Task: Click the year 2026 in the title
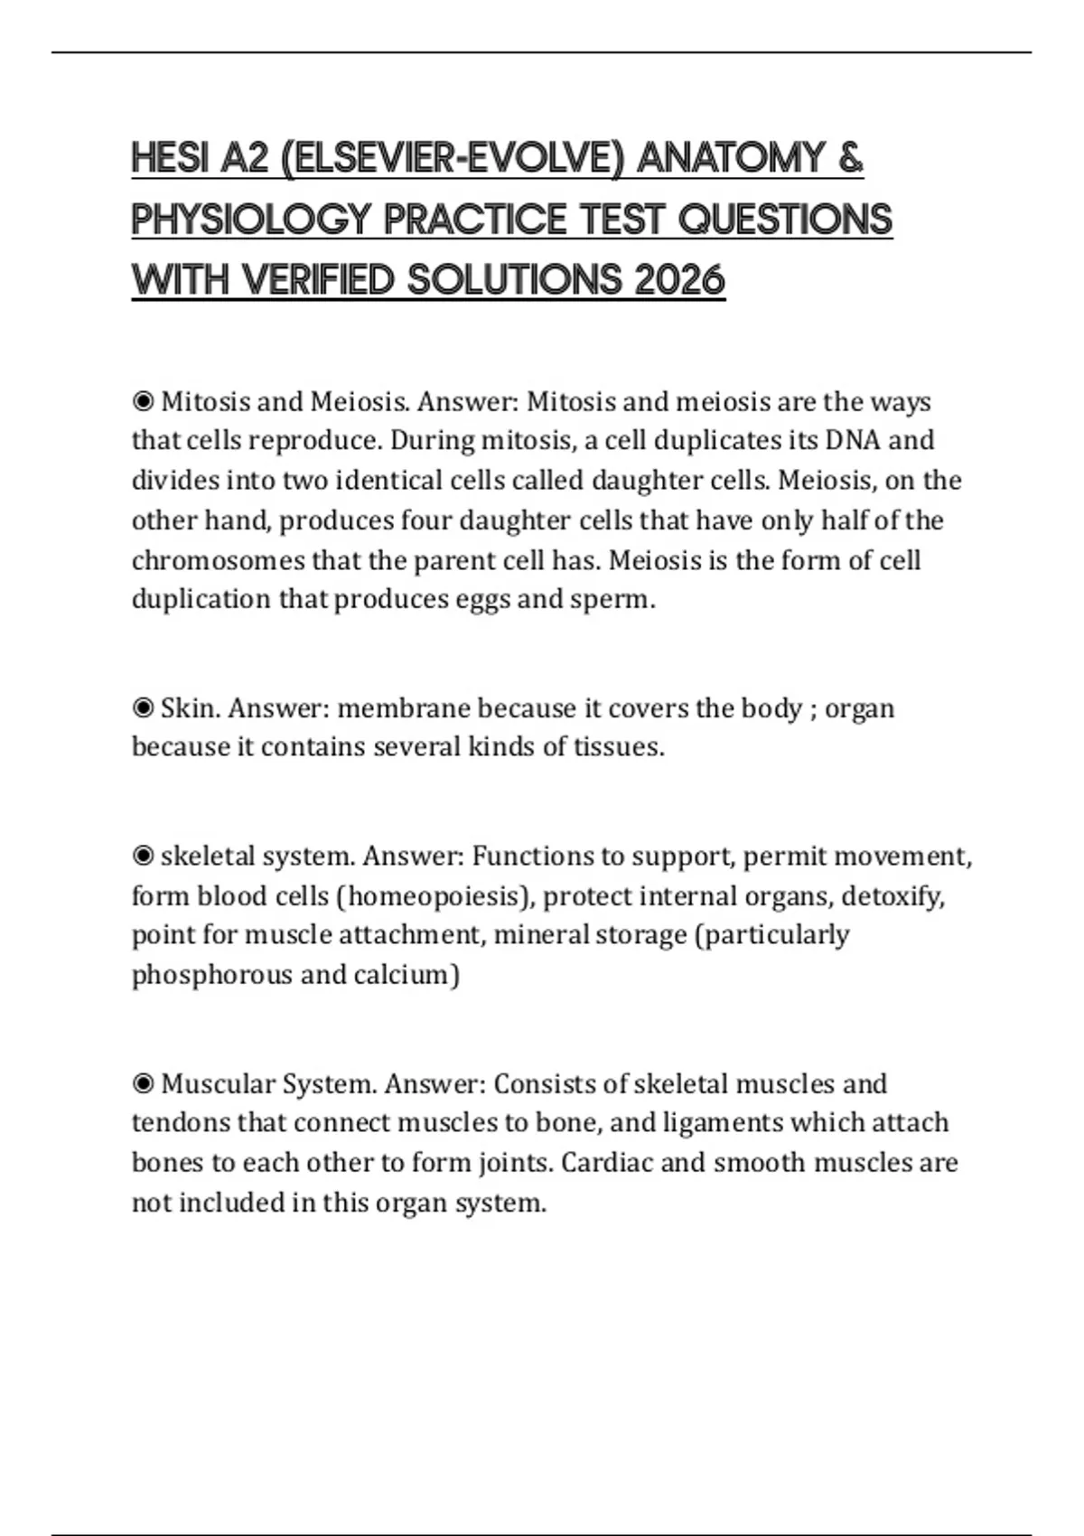(x=679, y=280)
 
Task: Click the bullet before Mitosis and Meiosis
(x=143, y=401)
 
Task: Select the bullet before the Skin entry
(x=143, y=707)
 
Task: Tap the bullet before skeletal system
(x=143, y=856)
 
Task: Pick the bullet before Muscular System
(x=143, y=1083)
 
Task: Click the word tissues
(x=618, y=747)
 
